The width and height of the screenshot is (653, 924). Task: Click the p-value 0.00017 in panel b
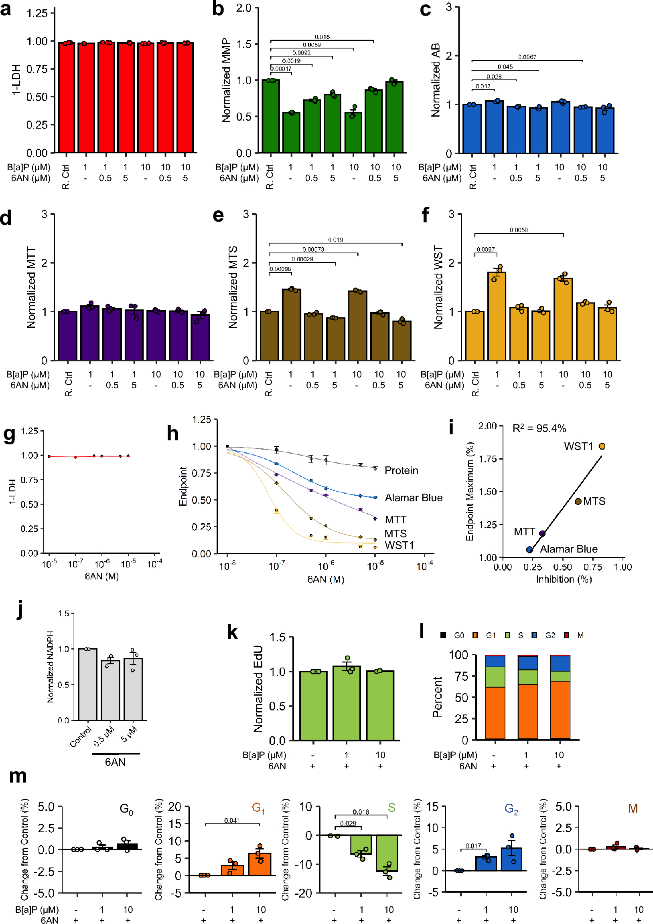pyautogui.click(x=280, y=69)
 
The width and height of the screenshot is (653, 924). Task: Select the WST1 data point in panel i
pyautogui.click(x=602, y=446)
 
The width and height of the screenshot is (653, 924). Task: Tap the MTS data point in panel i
pyautogui.click(x=578, y=501)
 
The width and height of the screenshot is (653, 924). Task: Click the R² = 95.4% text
pyautogui.click(x=539, y=429)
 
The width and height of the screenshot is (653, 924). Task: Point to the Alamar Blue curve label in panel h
pyautogui.click(x=413, y=498)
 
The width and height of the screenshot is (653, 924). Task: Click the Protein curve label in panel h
pyautogui.click(x=401, y=470)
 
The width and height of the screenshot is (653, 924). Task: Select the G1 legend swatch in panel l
pyautogui.click(x=475, y=635)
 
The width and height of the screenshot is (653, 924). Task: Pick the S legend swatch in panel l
pyautogui.click(x=507, y=635)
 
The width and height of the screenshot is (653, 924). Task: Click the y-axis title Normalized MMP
pyautogui.click(x=226, y=81)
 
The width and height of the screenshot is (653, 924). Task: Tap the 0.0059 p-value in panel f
pyautogui.click(x=519, y=230)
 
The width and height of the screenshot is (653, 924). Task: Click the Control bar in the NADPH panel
pyautogui.click(x=87, y=684)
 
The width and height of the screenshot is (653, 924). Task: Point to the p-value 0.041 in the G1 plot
pyautogui.click(x=232, y=821)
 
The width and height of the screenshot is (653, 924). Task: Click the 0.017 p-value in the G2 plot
pyautogui.click(x=473, y=846)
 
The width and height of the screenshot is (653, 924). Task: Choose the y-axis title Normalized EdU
pyautogui.click(x=258, y=688)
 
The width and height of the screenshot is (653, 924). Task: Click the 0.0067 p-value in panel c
pyautogui.click(x=527, y=57)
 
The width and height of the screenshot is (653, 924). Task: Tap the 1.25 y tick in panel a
pyautogui.click(x=37, y=14)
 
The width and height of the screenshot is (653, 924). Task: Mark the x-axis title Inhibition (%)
pyautogui.click(x=563, y=579)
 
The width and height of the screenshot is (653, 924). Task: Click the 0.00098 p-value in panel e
pyautogui.click(x=280, y=269)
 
